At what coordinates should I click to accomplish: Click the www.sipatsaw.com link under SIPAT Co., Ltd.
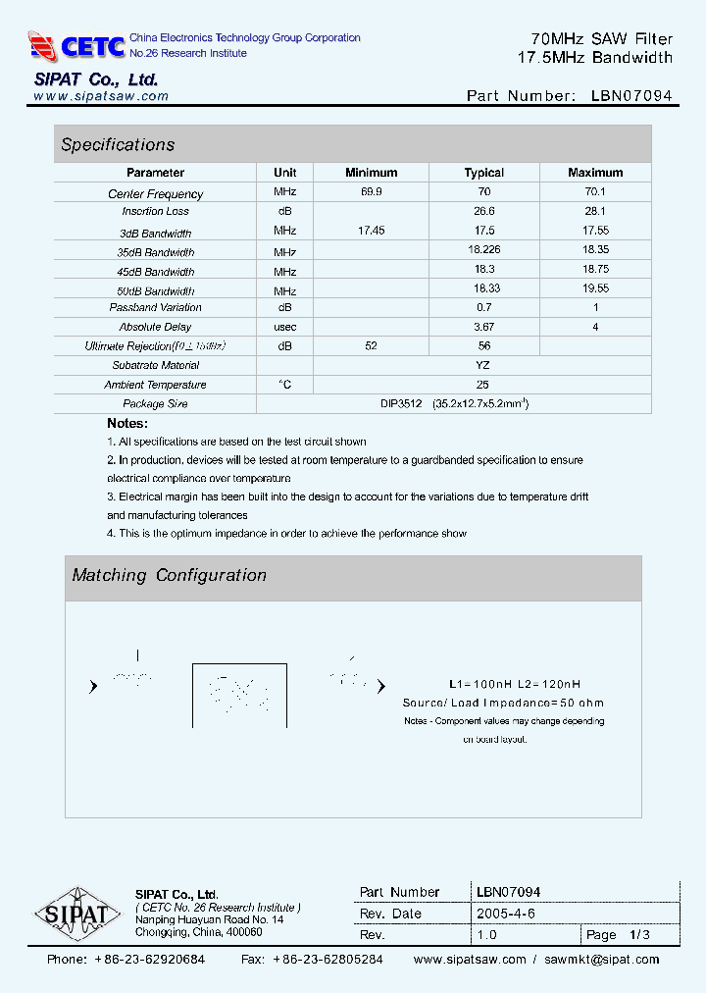101,96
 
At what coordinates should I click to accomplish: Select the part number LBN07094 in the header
631,96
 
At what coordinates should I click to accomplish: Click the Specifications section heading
118,145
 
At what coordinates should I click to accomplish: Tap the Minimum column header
371,173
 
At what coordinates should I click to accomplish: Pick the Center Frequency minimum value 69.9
372,193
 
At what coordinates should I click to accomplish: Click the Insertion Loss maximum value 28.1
595,211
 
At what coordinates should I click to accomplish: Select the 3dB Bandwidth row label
155,234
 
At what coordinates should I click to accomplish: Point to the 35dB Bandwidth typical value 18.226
484,251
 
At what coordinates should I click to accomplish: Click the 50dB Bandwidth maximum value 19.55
595,289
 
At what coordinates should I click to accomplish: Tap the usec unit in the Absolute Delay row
285,327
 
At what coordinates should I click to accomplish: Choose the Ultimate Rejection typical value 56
483,345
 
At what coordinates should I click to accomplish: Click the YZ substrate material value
482,365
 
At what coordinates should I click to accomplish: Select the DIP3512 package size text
401,403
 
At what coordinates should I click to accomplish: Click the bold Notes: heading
127,423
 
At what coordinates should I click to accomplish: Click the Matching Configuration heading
169,576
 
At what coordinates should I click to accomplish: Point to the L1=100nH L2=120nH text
514,684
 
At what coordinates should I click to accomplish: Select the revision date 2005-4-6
505,914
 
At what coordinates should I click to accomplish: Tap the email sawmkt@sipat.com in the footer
602,960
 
